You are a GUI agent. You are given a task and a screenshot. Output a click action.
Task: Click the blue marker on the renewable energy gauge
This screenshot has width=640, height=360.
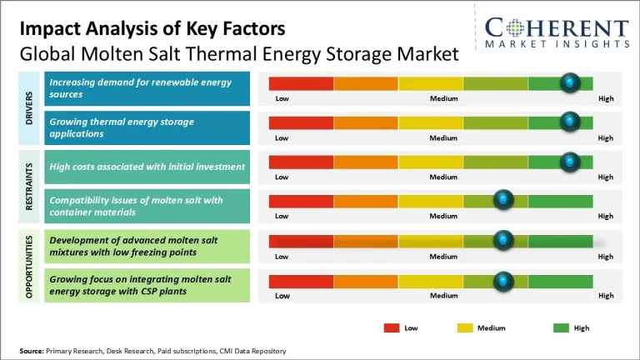coord(570,82)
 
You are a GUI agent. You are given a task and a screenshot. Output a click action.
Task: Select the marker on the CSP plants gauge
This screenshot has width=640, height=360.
coord(503,281)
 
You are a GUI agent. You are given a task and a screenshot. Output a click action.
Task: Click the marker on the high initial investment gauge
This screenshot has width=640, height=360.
coord(570,161)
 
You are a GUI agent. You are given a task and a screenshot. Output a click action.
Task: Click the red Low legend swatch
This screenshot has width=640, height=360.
coord(392,327)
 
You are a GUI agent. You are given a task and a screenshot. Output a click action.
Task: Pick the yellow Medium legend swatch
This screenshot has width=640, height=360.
coord(465,327)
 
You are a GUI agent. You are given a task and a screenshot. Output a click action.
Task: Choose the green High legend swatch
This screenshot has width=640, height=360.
coord(561,327)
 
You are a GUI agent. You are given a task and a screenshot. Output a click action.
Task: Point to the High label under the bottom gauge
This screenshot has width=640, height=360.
coord(606,296)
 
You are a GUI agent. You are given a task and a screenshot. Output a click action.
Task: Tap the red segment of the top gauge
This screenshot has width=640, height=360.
coord(301,82)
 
